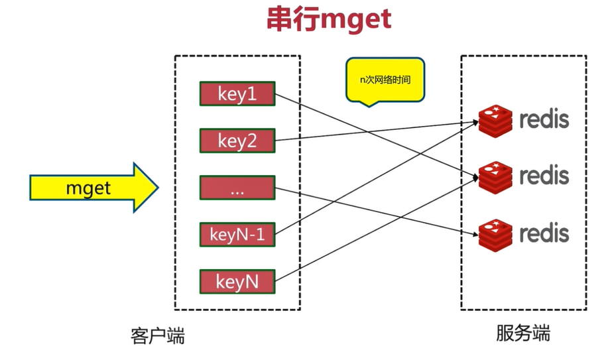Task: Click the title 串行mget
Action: click(328, 20)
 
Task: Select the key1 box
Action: click(237, 94)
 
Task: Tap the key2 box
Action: click(237, 141)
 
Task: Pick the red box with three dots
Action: click(237, 188)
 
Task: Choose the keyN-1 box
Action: click(237, 235)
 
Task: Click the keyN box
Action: click(237, 282)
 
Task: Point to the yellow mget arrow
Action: click(93, 188)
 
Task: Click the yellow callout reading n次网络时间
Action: click(385, 79)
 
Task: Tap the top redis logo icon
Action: click(495, 120)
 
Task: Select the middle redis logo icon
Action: click(495, 176)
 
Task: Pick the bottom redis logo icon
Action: click(495, 233)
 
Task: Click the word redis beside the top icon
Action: click(544, 120)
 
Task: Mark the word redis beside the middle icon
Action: click(544, 176)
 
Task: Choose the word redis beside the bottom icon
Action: click(544, 233)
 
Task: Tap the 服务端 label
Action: click(523, 333)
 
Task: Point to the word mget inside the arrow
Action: click(88, 188)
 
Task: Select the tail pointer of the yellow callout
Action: click(369, 104)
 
